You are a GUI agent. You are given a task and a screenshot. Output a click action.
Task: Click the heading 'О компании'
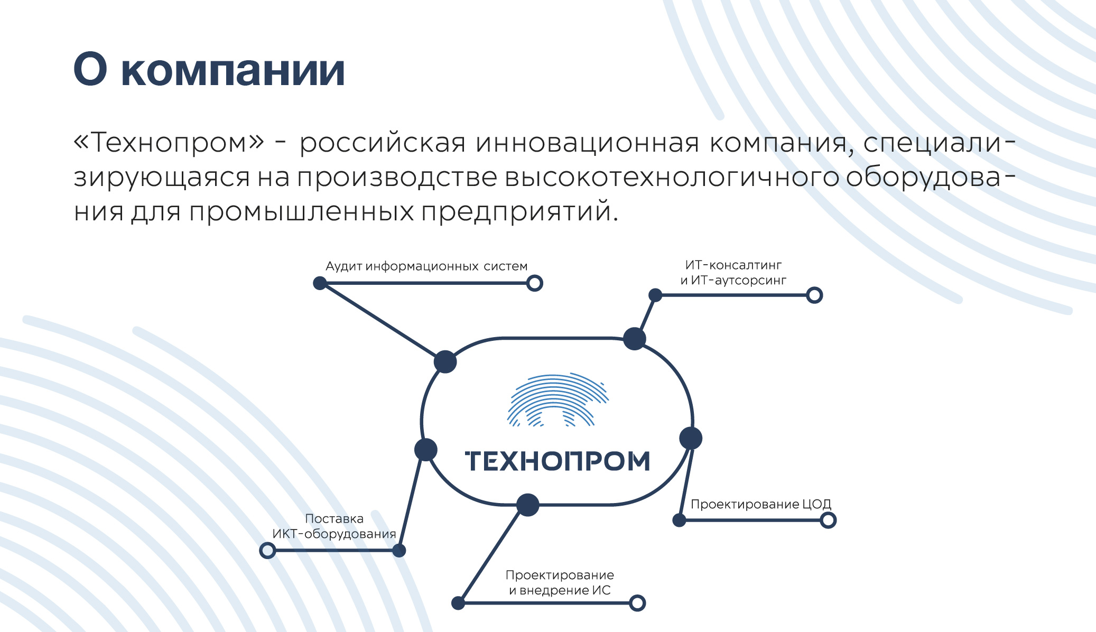point(209,70)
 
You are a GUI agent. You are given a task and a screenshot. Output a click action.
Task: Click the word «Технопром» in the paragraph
point(169,143)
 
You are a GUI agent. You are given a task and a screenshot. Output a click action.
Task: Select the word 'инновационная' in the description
point(587,143)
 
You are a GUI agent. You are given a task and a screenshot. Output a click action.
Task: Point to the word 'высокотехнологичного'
point(672,178)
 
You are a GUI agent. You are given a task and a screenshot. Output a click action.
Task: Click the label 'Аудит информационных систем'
point(426,266)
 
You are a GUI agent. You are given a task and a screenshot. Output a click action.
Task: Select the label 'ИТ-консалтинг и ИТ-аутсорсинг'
point(733,273)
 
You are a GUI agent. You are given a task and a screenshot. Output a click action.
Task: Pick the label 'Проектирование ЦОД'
point(761,505)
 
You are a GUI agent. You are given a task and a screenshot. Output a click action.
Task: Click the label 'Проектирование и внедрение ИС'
point(560,583)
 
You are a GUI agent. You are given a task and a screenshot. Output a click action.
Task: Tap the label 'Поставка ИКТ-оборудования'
point(334,526)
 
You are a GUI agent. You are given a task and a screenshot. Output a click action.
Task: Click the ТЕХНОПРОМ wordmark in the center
point(558,461)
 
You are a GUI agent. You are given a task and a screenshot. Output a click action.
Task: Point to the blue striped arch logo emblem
point(558,399)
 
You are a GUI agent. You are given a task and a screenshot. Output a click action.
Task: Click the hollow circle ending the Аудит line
point(535,283)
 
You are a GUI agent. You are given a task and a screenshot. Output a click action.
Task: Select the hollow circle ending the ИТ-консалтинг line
point(814,295)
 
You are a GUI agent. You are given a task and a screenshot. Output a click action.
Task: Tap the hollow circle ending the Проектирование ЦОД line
point(828,521)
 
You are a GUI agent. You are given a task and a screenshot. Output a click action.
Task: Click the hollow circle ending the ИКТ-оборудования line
point(268,551)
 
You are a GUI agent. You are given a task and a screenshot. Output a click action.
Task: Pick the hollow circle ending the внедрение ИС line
point(637,603)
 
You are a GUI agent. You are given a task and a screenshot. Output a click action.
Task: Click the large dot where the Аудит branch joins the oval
point(445,362)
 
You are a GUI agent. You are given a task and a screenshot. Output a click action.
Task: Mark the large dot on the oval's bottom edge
point(527,505)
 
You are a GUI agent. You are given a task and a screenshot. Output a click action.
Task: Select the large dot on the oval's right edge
point(691,438)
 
